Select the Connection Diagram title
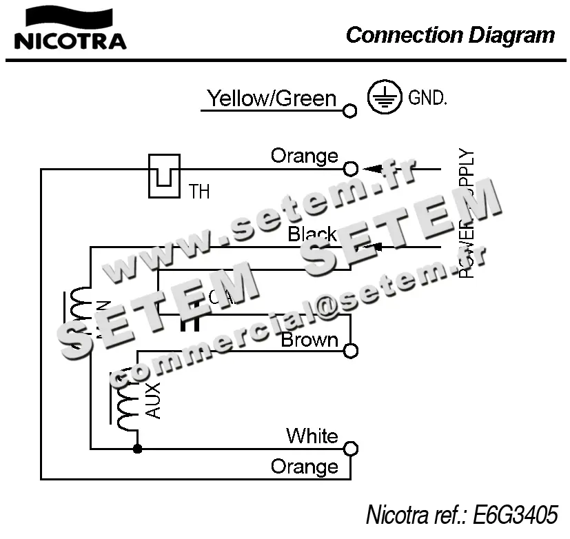[450, 34]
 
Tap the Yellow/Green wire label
[272, 99]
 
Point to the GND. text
[427, 98]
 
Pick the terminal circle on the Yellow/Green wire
[350, 110]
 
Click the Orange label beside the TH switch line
[304, 156]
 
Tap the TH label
[199, 191]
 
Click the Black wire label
[312, 234]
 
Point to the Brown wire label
[309, 340]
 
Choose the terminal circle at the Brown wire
[351, 351]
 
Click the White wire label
[312, 436]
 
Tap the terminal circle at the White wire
[351, 449]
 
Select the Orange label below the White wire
[304, 467]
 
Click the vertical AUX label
[154, 400]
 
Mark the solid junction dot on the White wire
[137, 449]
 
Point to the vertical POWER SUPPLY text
[467, 214]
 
